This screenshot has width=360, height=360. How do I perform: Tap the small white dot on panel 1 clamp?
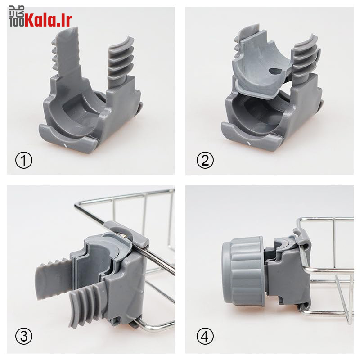(66, 145)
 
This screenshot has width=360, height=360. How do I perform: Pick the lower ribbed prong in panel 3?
(85, 306)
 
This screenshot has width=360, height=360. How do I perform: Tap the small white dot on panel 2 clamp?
(249, 144)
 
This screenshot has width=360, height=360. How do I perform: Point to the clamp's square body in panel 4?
(286, 274)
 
